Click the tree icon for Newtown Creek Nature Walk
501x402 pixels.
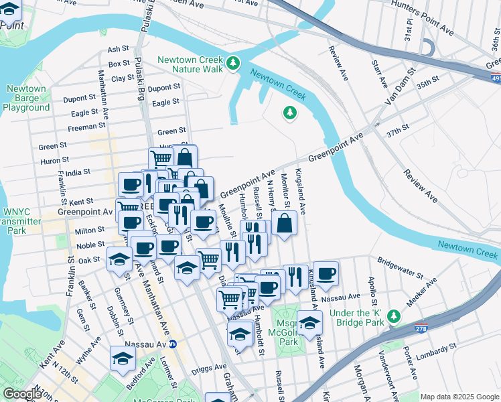tap(233, 64)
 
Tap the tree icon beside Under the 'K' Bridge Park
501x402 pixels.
tap(395, 316)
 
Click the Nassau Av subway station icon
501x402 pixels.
tap(172, 344)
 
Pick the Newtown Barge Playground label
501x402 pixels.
tap(26, 98)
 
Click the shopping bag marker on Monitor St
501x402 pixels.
tap(284, 223)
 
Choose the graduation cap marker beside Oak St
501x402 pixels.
tap(119, 259)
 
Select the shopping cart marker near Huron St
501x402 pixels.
tap(161, 159)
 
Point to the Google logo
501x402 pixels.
tap(23, 394)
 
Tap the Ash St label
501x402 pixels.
tap(118, 49)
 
